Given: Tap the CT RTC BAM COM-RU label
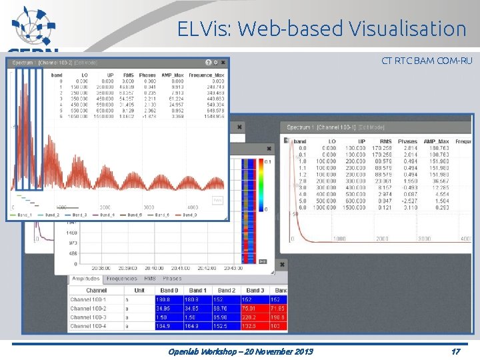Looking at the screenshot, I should click(x=427, y=61).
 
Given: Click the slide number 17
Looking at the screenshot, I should click(x=455, y=351).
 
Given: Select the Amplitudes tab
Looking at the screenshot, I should click(x=85, y=279).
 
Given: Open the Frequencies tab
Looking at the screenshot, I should click(x=121, y=279).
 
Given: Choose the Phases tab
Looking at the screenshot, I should click(x=172, y=279).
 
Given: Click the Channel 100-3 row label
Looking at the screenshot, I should click(x=88, y=317).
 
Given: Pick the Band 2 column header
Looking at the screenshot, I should click(x=227, y=291).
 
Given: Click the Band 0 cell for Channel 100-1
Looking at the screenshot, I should click(x=169, y=300).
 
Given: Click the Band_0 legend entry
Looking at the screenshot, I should click(x=190, y=215).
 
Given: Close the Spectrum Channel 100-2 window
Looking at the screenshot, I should click(x=223, y=63).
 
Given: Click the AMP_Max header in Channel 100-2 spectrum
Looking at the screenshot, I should click(x=172, y=75).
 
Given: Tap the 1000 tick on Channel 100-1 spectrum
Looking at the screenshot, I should click(x=339, y=239).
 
